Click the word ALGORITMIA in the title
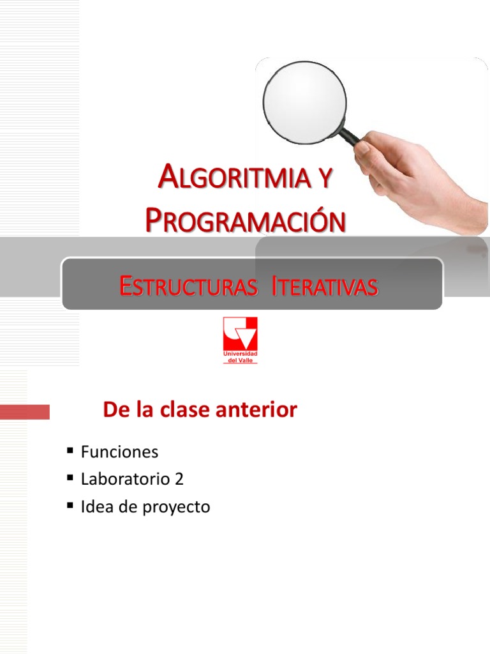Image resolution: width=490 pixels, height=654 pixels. [234, 178]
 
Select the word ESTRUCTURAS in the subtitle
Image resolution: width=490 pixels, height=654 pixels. [189, 287]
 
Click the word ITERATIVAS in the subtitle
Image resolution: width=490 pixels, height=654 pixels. [325, 287]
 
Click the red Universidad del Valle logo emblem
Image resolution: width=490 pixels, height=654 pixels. [240, 333]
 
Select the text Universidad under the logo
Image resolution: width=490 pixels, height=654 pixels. [240, 354]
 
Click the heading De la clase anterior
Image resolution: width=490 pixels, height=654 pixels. [200, 410]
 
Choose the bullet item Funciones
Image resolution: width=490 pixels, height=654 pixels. [119, 452]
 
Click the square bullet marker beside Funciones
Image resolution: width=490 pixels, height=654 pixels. [70, 452]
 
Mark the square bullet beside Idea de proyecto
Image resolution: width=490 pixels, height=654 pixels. [70, 506]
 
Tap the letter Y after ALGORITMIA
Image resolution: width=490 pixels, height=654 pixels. [324, 178]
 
